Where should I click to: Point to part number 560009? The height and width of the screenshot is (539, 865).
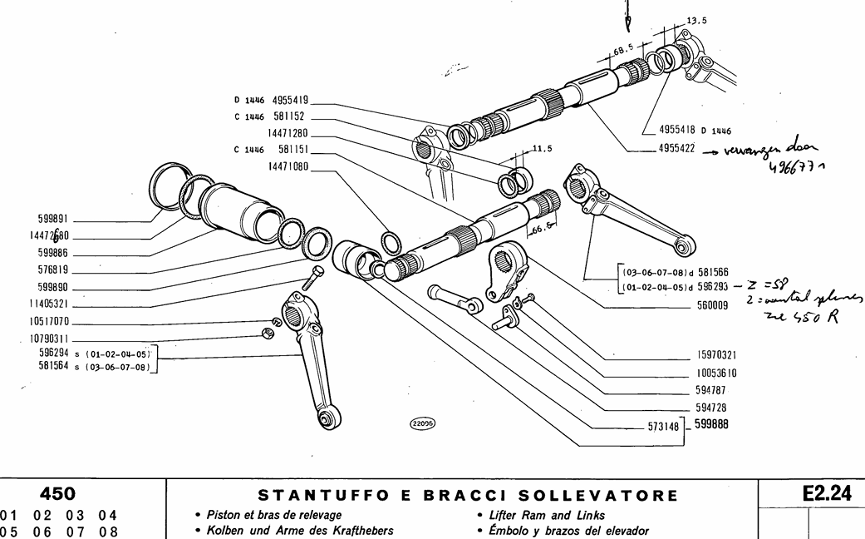[x=712, y=305]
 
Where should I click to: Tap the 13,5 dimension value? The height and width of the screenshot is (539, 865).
[x=697, y=21]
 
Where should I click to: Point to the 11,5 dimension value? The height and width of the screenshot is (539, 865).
[x=542, y=148]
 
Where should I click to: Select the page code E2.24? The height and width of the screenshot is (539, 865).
[x=827, y=494]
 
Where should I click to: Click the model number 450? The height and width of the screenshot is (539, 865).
[x=57, y=494]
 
